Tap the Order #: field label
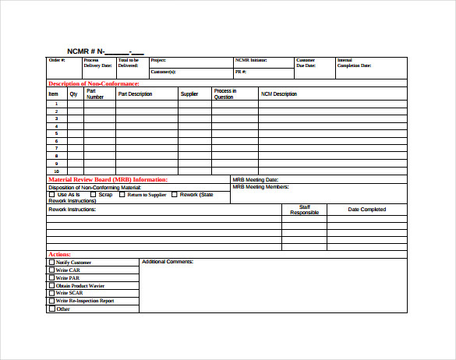(x=57, y=60)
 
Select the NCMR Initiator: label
(x=251, y=60)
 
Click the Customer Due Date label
(x=306, y=63)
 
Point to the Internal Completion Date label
(x=354, y=63)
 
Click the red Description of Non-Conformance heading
(x=94, y=83)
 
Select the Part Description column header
(x=135, y=94)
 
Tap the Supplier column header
(x=189, y=94)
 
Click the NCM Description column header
(x=278, y=94)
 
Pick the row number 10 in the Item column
(x=56, y=171)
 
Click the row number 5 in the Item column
(x=56, y=133)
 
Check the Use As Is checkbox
(x=52, y=195)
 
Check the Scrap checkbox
(x=93, y=195)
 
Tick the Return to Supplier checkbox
(x=122, y=195)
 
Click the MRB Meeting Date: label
(x=256, y=180)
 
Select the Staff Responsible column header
(x=304, y=210)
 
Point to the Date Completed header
(x=366, y=209)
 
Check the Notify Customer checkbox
(x=52, y=263)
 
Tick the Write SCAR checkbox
(x=52, y=293)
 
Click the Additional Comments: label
(x=167, y=262)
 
